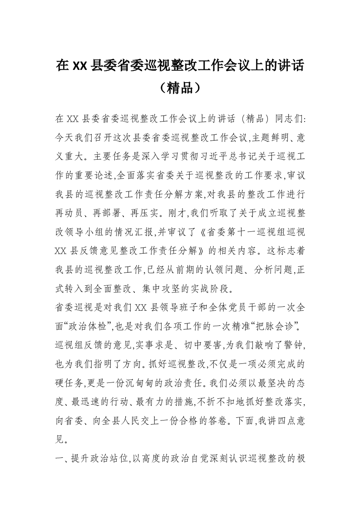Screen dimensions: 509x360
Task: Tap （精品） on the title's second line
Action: pos(180,87)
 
